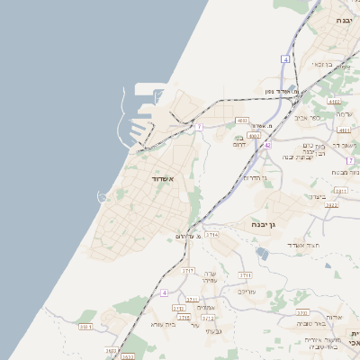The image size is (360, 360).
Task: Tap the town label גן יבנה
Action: [270, 223]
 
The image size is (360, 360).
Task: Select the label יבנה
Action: [344, 19]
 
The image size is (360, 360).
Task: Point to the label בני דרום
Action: [239, 140]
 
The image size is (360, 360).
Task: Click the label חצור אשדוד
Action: [294, 245]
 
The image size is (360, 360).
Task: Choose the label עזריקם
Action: [247, 291]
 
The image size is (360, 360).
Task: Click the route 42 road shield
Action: [267, 144]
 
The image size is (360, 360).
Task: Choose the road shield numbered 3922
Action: [331, 205]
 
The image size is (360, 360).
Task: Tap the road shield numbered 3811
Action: [340, 191]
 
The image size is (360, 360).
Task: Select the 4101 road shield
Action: [345, 130]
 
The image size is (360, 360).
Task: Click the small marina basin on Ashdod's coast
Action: [102, 195]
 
